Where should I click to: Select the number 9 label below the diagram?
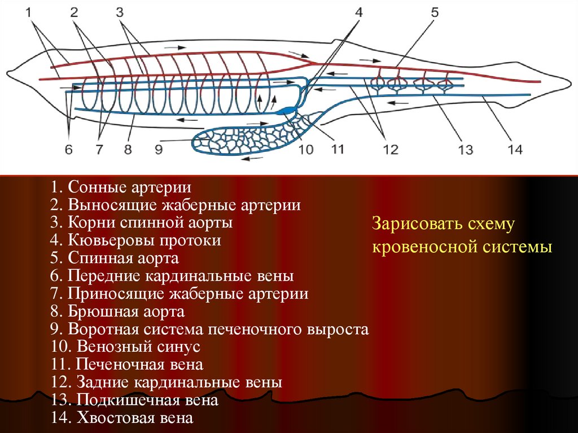point(159,150)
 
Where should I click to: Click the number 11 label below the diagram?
point(337,150)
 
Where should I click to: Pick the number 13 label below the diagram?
point(465,150)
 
